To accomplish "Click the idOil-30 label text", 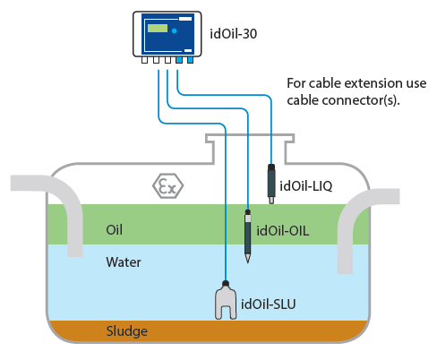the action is tap(233, 34).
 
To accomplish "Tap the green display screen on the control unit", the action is tap(158, 29).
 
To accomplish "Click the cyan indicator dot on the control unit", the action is tap(175, 30).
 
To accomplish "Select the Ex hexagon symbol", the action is tap(167, 185).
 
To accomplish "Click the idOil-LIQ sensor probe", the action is tap(271, 184).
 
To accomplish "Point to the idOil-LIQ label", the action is tap(306, 186).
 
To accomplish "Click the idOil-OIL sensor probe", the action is tap(248, 236).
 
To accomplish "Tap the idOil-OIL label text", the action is tap(283, 231).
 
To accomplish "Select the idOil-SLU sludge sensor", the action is tap(226, 301).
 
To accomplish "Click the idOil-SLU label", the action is tap(269, 304).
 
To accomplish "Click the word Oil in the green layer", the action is tap(114, 230).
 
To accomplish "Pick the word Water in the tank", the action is tap(124, 262).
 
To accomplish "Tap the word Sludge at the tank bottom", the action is tap(127, 331).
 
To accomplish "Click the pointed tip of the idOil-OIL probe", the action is tap(248, 262).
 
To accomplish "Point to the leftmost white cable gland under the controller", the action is tap(144, 60).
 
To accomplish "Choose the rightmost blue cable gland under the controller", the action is tap(190, 60).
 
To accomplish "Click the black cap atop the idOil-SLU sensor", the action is tap(226, 283).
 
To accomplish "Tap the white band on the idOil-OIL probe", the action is tap(248, 219).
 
